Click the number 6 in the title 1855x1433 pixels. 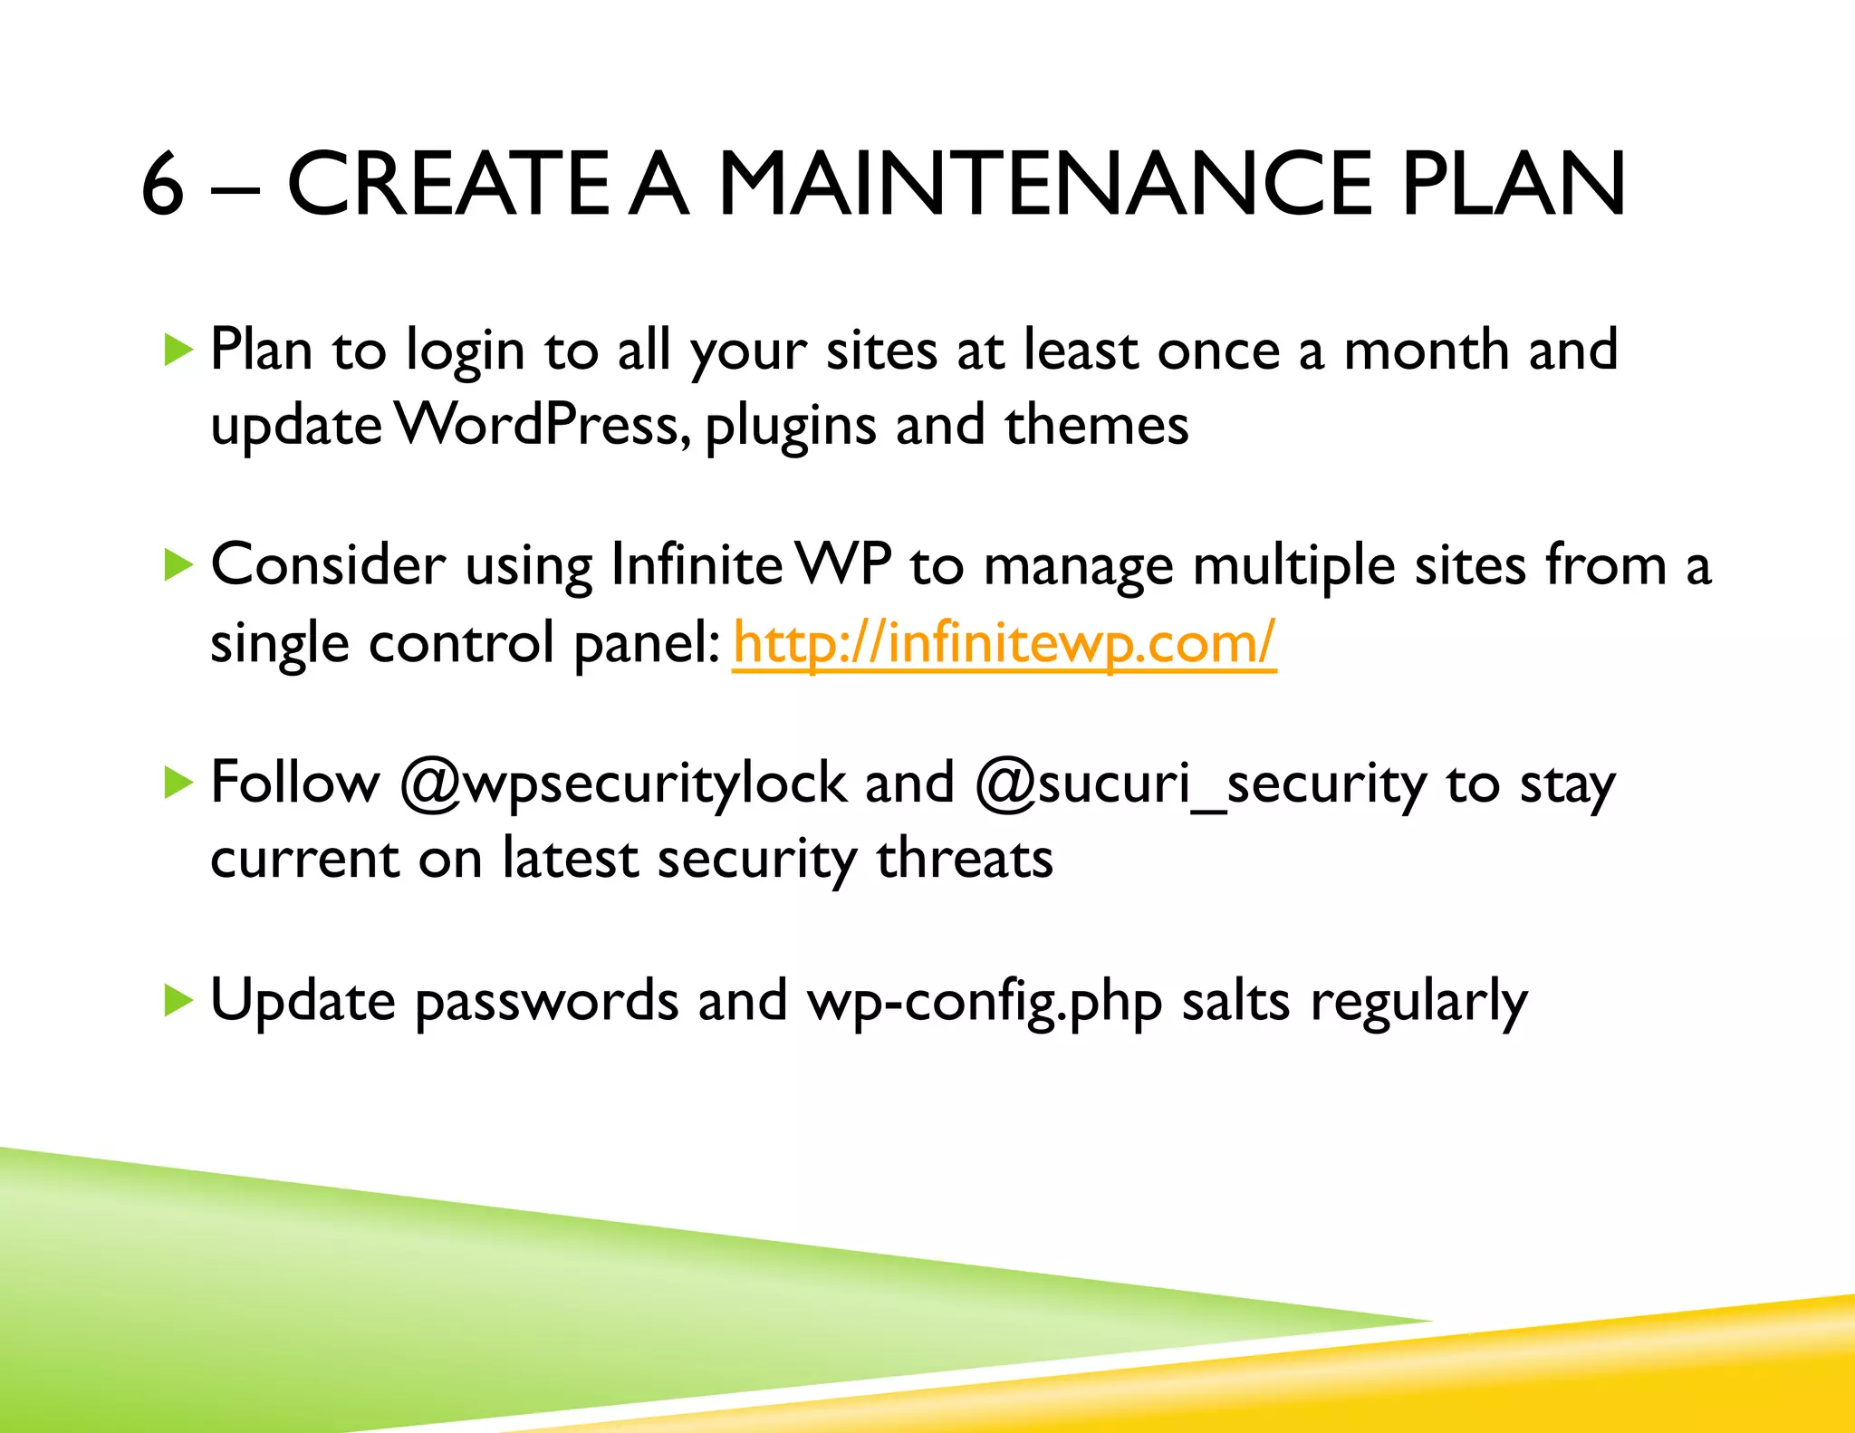(x=163, y=185)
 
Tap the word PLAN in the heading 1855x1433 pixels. (x=1513, y=185)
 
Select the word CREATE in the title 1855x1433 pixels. (x=447, y=185)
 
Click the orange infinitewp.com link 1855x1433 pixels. (x=1004, y=643)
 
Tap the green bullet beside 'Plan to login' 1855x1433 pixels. (x=178, y=350)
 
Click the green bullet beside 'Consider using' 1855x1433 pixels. (x=178, y=565)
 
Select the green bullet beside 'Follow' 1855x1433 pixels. (x=178, y=783)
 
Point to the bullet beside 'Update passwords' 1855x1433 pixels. (x=178, y=1000)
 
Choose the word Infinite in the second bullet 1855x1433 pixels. (x=696, y=565)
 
